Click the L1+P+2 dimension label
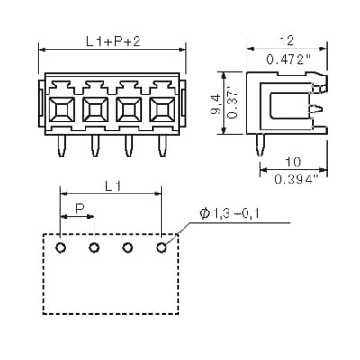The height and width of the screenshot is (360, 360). (x=113, y=41)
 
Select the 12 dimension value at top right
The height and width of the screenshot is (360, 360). (x=287, y=40)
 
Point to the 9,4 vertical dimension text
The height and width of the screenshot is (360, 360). (x=216, y=103)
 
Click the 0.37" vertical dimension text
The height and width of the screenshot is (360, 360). (x=232, y=102)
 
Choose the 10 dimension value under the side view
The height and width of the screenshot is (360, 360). (x=292, y=162)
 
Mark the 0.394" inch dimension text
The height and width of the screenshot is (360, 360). (x=296, y=180)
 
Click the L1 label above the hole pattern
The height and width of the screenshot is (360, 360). (x=113, y=186)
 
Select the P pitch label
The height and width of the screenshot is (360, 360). (x=80, y=209)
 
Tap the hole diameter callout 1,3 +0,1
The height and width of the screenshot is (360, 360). (x=229, y=213)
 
